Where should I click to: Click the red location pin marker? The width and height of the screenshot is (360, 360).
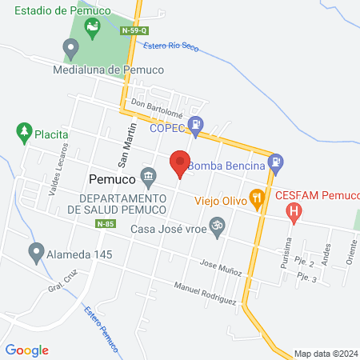click(181, 163)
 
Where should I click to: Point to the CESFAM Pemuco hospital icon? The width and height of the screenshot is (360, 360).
click(294, 212)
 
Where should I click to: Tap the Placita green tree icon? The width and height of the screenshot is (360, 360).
click(23, 130)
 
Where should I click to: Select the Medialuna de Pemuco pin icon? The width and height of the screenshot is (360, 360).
click(70, 50)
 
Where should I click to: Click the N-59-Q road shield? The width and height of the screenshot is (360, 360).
click(134, 30)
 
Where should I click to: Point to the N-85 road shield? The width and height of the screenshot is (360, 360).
click(103, 224)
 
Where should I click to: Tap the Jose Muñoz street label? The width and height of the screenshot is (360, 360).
click(221, 268)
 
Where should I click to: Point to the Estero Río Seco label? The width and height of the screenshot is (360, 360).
click(170, 46)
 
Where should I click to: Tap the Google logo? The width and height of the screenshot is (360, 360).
click(27, 350)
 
